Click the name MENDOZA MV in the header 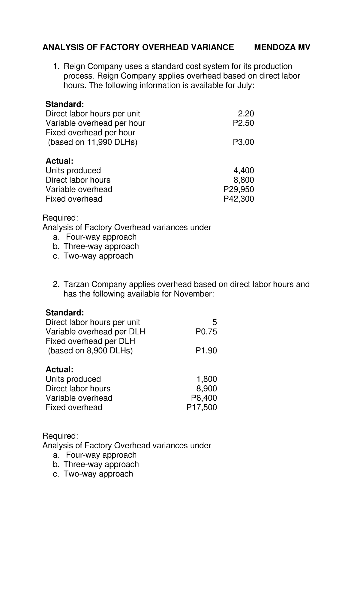click(282, 47)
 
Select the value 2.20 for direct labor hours click(245, 114)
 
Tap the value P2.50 click(243, 123)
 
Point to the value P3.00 click(243, 142)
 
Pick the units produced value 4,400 click(244, 170)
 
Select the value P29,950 click(239, 189)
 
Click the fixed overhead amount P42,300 click(239, 199)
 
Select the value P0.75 click(206, 332)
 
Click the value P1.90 click(206, 351)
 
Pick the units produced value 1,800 click(207, 379)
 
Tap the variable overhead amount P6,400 click(204, 398)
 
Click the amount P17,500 click(202, 407)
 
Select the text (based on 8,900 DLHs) click(90, 351)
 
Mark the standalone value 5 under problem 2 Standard click(214, 322)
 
